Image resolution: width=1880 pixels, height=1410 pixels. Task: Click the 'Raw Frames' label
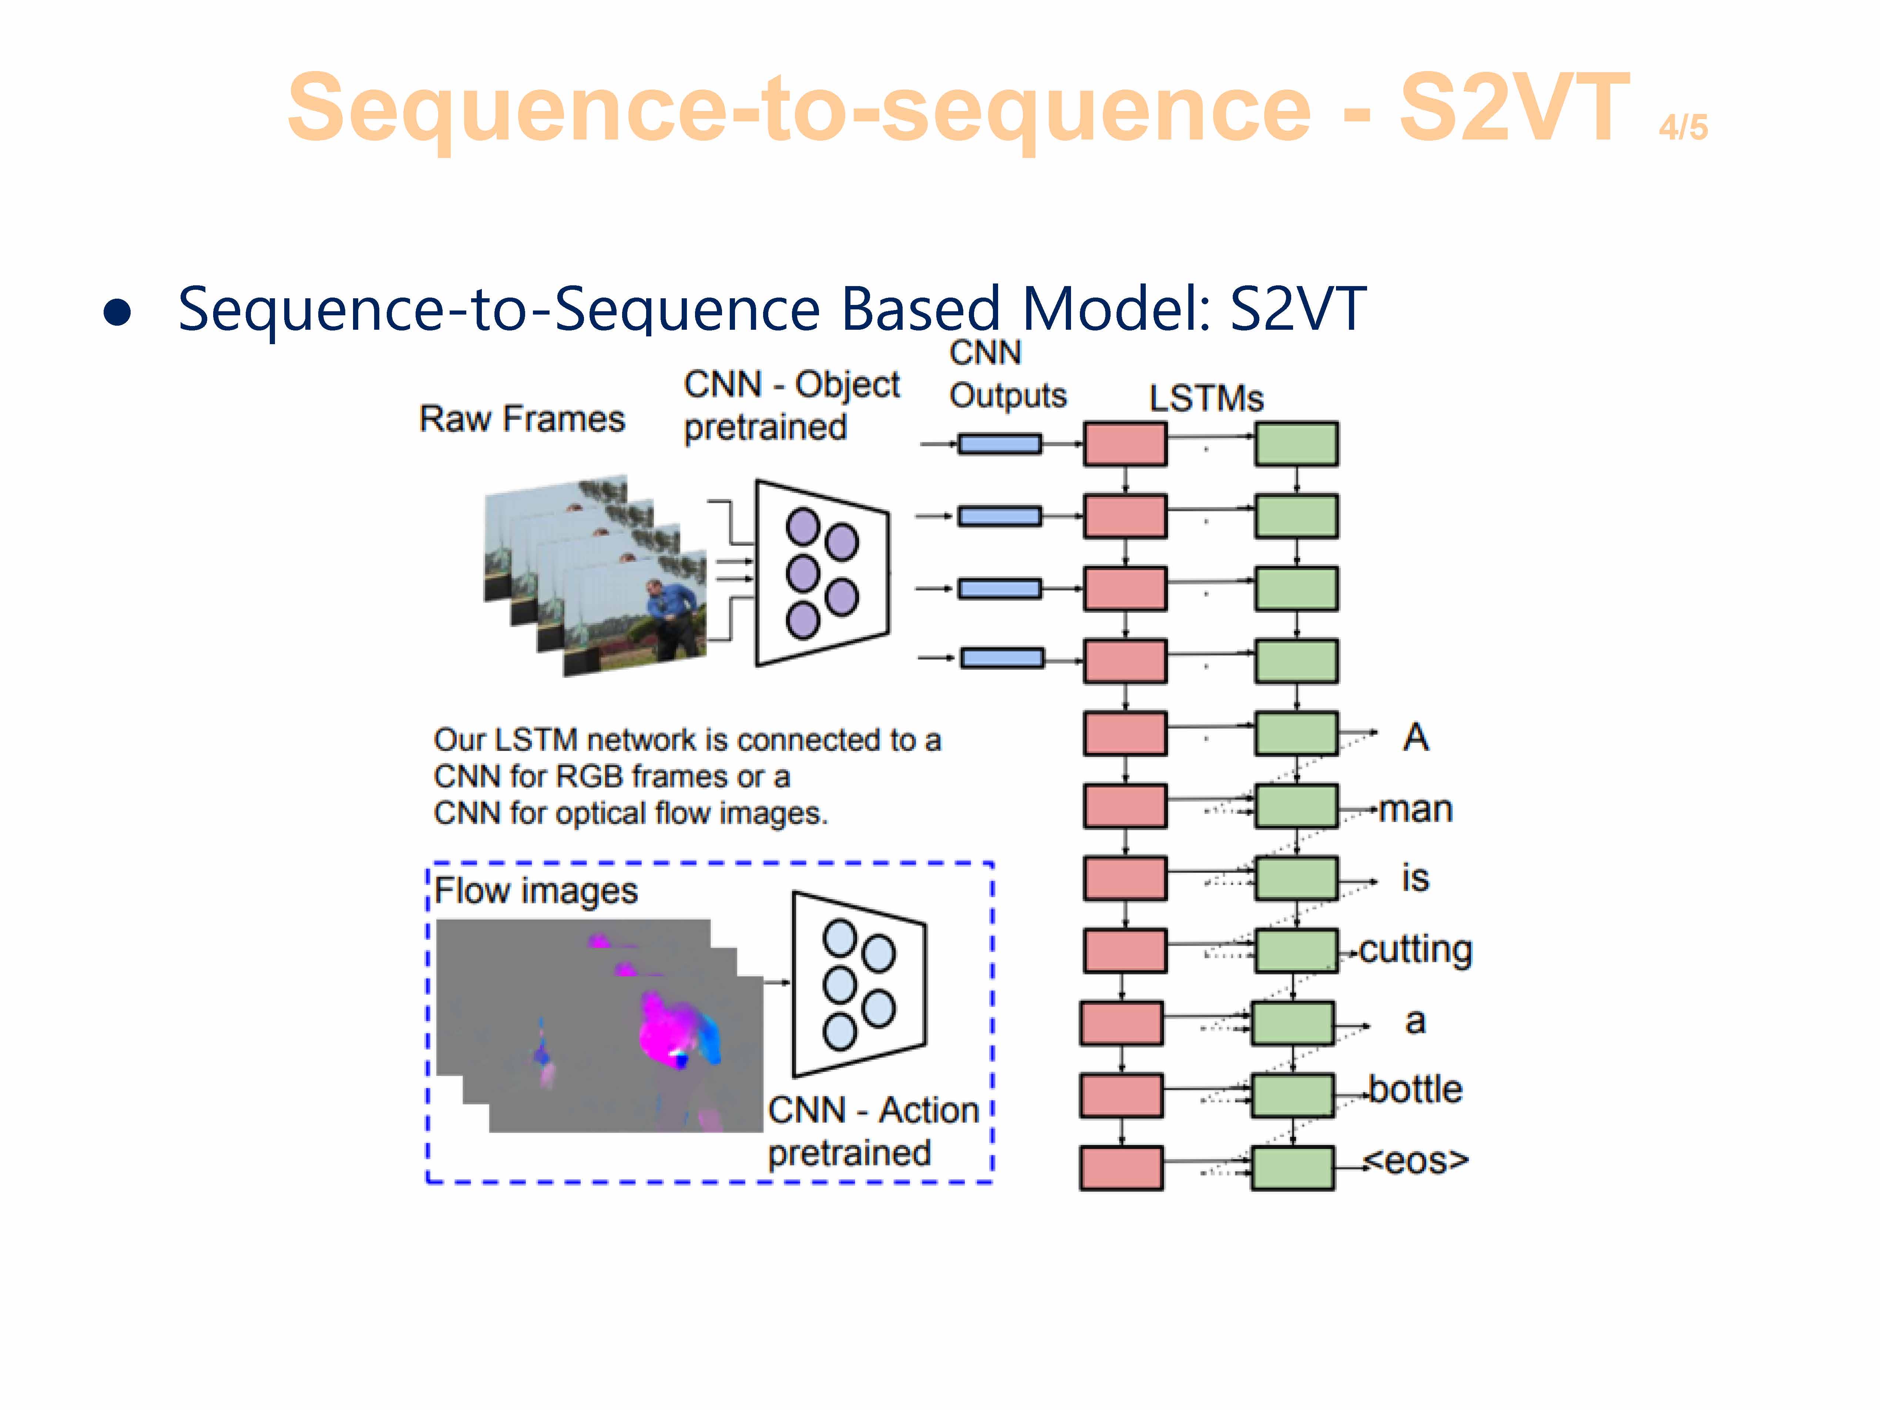tap(522, 419)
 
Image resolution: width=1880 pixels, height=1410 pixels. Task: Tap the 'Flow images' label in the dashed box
tap(536, 891)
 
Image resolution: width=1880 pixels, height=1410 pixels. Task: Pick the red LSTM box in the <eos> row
tap(1121, 1168)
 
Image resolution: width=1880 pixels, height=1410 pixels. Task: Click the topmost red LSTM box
tap(1124, 444)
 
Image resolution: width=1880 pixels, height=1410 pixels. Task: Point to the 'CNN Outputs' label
tap(1007, 374)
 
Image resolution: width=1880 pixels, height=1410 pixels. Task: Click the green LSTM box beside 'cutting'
tap(1296, 950)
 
